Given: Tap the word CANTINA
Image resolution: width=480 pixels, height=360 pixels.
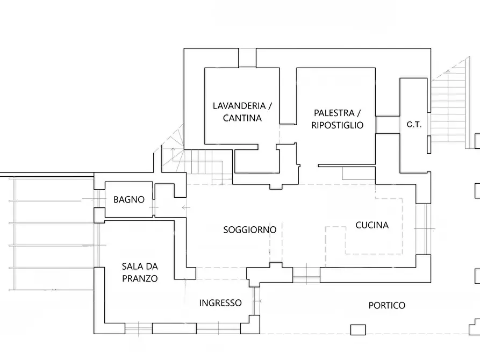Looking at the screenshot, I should [x=242, y=118].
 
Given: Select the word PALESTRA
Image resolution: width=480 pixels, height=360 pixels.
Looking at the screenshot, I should [x=334, y=113].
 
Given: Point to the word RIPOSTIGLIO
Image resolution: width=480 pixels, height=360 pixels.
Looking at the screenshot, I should [x=337, y=125].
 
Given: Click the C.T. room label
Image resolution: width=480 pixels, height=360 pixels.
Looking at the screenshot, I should [x=414, y=125].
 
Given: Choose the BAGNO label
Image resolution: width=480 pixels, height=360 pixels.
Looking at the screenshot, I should [x=128, y=199].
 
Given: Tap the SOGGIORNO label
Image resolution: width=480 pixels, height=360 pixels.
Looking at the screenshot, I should [x=249, y=230].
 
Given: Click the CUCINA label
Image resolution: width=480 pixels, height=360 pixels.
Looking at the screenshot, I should [x=371, y=225].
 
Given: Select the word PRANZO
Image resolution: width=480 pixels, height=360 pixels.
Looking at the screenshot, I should [x=139, y=278].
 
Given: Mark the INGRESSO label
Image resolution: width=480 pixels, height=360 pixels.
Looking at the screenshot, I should [x=220, y=303].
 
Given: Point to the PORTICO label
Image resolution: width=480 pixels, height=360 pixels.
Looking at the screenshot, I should [x=386, y=305].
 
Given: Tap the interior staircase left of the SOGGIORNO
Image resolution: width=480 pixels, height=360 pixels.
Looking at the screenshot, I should [x=199, y=164].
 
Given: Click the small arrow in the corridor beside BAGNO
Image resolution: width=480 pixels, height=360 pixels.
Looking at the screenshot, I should [x=186, y=207].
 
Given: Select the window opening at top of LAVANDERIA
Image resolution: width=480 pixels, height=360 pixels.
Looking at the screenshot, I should [x=247, y=58].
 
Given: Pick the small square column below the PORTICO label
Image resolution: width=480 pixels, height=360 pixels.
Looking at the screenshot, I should [x=357, y=329].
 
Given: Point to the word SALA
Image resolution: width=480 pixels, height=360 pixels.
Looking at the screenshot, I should [x=132, y=267].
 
